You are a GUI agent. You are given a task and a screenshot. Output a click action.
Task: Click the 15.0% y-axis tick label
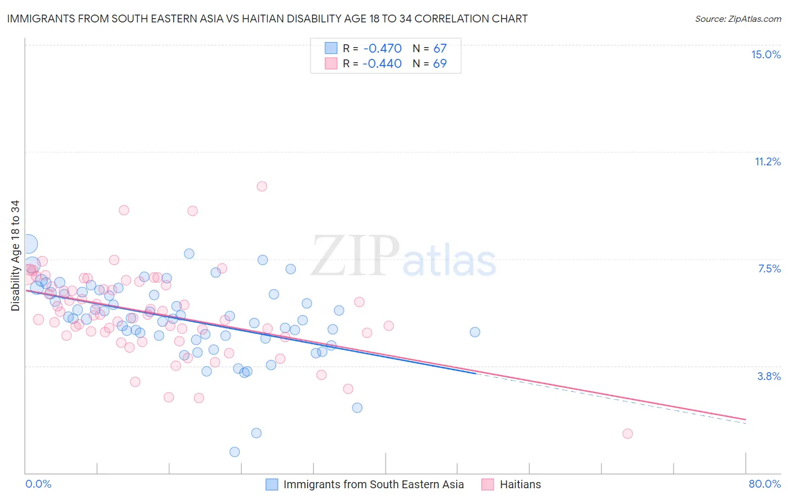766,54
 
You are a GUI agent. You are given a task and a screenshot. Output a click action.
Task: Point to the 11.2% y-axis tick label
767,161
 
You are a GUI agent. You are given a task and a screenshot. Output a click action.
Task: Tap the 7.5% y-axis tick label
769,268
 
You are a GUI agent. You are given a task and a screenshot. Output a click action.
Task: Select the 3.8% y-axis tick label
769,376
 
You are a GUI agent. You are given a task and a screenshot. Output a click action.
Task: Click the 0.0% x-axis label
38,484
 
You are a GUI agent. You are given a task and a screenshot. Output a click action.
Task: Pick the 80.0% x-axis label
764,484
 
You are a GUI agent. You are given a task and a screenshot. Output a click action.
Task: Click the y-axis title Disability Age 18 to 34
15,256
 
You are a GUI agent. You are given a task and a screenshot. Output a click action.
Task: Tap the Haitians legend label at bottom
520,484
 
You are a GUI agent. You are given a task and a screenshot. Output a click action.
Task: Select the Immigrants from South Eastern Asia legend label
373,484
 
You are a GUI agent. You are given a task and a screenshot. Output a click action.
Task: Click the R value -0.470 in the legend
382,48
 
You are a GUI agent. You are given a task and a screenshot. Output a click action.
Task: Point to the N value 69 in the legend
440,63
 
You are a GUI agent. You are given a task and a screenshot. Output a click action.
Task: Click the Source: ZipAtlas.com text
738,18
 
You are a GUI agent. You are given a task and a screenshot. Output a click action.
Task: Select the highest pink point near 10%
262,186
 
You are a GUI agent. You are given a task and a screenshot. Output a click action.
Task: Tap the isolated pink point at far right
628,433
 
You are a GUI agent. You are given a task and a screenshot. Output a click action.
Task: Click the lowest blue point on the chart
235,452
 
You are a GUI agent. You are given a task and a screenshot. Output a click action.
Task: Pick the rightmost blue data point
475,332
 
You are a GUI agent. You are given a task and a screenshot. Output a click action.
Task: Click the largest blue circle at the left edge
28,244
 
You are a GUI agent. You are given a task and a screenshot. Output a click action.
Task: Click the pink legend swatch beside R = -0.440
331,63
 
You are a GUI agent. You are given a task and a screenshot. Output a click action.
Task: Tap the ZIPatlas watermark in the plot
404,257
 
